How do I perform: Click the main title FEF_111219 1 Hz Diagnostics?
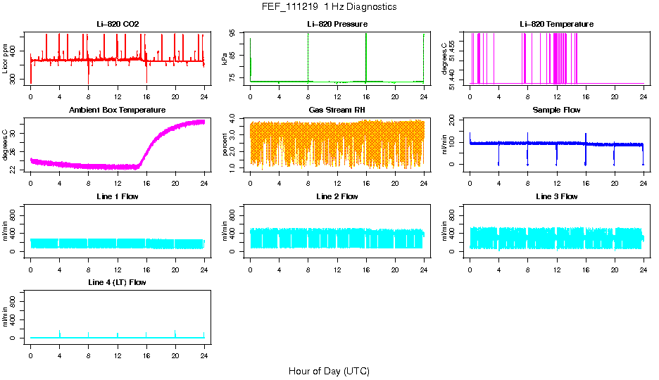[x=329, y=7]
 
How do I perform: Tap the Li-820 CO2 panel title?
[x=118, y=25]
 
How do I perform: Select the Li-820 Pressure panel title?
[x=337, y=25]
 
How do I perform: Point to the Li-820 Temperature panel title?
[x=556, y=25]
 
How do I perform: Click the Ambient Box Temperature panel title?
[x=118, y=110]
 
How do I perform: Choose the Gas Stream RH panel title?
[x=337, y=110]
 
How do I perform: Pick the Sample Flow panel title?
[x=556, y=110]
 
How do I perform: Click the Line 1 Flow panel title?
[x=118, y=196]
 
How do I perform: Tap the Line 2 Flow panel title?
[x=337, y=196]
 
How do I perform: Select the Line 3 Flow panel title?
[x=556, y=196]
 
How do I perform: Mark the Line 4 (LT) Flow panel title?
[x=118, y=282]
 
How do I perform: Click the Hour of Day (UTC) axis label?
[x=329, y=371]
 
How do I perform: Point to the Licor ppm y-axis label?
[x=6, y=59]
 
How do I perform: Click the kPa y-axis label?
[x=225, y=59]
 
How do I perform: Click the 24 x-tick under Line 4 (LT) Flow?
[x=204, y=354]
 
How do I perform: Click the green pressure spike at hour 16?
[x=366, y=56]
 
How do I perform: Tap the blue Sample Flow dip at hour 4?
[x=498, y=155]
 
